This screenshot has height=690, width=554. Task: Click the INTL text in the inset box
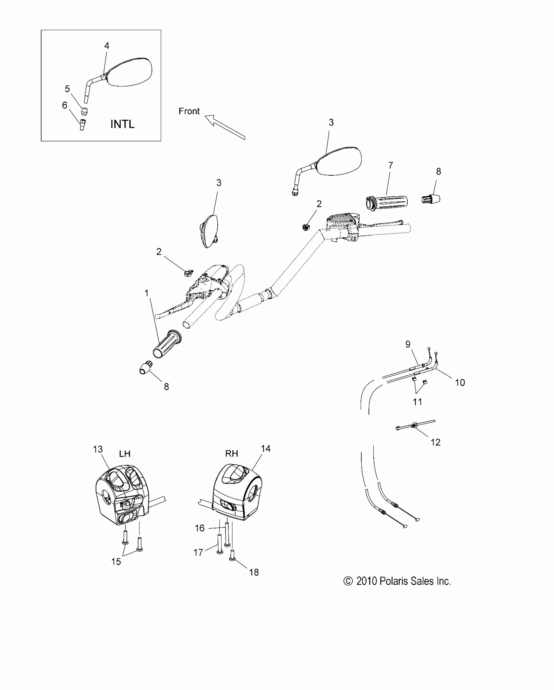(x=122, y=124)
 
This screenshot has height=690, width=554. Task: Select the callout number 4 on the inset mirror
(x=107, y=46)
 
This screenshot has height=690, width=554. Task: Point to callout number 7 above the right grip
(x=390, y=165)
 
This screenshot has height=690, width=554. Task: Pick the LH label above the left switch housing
(x=124, y=454)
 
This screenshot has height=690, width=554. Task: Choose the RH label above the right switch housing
(x=232, y=454)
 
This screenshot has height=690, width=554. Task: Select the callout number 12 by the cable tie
(x=435, y=442)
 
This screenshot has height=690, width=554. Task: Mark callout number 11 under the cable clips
(x=417, y=402)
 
